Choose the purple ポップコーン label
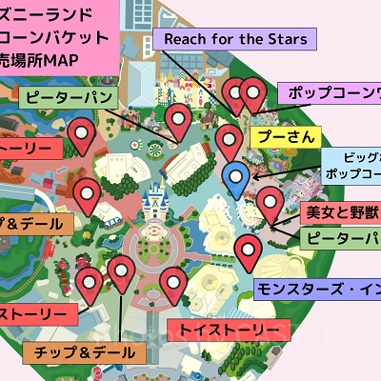(329, 94)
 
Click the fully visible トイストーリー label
(228, 330)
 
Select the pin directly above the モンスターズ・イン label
(249, 251)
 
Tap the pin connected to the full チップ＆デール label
(121, 272)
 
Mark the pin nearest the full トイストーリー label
(172, 282)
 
